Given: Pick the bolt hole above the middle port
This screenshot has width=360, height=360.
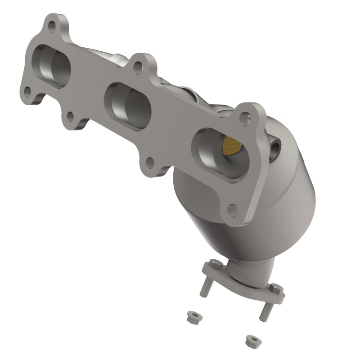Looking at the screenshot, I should (x=139, y=67).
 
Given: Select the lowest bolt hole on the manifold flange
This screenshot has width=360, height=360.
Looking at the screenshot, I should (x=232, y=210).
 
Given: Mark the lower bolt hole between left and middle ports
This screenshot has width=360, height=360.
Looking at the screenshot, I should (x=70, y=117).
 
